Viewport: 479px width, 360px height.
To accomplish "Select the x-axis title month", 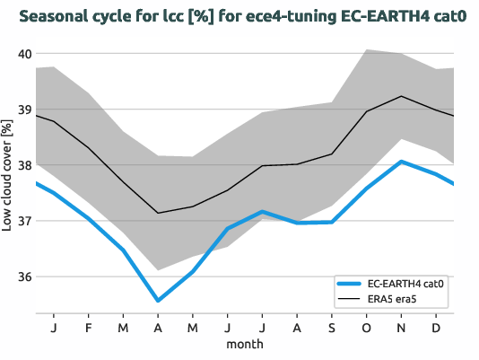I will tap(244, 343).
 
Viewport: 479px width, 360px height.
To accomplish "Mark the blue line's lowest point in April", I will tap(158, 301).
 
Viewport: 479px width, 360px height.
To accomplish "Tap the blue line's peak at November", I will tap(401, 162).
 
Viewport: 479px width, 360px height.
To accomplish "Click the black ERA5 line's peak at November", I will tap(401, 96).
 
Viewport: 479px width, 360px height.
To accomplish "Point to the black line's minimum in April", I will tap(158, 213).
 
